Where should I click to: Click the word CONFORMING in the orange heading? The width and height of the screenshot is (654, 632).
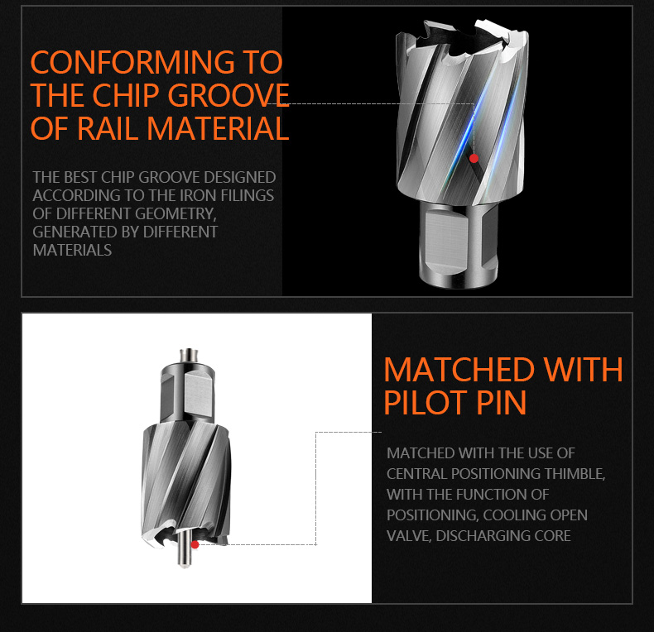pos(132,62)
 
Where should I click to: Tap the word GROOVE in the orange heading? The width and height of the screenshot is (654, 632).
pos(228,95)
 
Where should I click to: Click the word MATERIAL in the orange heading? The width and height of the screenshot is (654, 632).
pos(218,128)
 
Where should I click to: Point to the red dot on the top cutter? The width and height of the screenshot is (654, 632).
pos(474,159)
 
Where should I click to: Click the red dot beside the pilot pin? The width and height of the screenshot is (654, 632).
pos(195,544)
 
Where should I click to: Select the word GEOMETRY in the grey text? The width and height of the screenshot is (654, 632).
pos(176,214)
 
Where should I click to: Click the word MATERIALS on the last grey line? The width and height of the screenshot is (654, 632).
pos(72,250)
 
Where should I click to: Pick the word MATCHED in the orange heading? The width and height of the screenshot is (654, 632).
pos(459,370)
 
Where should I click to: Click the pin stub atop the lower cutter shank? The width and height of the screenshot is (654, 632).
pos(189,355)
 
